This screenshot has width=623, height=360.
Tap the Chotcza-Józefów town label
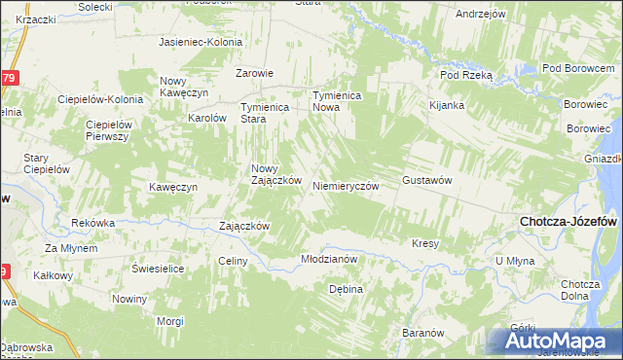[x=569, y=222]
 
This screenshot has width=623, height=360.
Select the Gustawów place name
[x=429, y=182]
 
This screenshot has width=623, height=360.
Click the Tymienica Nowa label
[x=337, y=101]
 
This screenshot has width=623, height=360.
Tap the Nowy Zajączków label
[x=276, y=174]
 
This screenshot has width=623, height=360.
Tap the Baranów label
[x=422, y=333]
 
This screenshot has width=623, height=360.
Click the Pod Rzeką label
[x=467, y=74]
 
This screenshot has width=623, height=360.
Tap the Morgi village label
[x=170, y=320]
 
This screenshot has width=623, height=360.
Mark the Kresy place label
[x=426, y=243]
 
